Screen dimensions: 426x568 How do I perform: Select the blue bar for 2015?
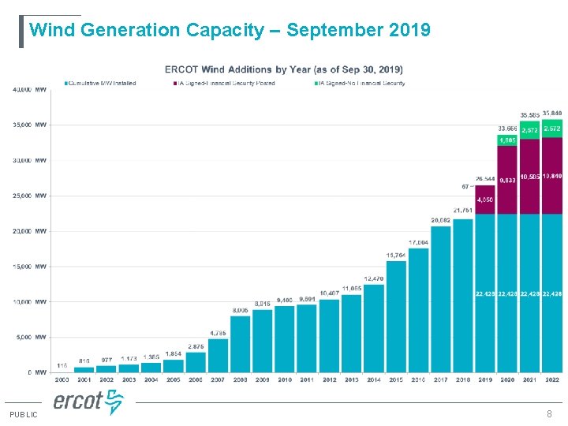pos(396,316)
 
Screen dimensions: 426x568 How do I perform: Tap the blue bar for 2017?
pos(441,299)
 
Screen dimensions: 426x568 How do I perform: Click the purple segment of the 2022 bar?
pos(552,175)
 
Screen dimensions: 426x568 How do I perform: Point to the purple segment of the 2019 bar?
pos(485,200)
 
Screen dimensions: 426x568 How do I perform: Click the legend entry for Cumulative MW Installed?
pos(101,83)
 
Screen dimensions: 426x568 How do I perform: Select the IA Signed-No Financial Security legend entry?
pos(361,83)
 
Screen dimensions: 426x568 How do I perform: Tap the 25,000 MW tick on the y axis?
pos(29,196)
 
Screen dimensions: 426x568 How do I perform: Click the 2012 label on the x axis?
pos(329,379)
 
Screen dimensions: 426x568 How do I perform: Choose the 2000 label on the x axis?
pos(62,379)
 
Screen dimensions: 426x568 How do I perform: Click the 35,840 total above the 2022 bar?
pos(552,114)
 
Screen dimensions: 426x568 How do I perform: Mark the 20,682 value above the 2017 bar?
pos(440,219)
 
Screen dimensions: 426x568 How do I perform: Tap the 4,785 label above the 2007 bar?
pos(218,332)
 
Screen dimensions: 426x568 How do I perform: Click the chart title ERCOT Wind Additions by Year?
pos(283,69)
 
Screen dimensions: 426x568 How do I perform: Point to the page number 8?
pos(549,414)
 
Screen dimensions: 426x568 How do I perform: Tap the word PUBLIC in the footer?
pos(23,415)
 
